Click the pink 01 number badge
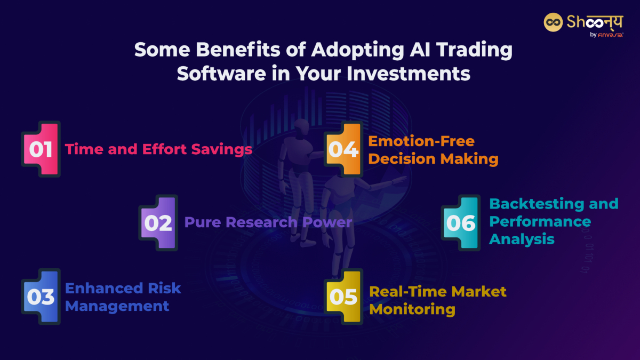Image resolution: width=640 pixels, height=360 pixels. (x=41, y=149)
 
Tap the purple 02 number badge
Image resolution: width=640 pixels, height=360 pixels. (x=158, y=223)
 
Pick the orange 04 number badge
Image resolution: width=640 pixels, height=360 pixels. (x=343, y=149)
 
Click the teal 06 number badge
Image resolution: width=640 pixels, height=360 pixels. (x=460, y=223)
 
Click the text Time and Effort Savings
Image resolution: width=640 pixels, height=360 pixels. (x=158, y=149)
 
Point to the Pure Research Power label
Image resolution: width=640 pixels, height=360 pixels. (x=268, y=222)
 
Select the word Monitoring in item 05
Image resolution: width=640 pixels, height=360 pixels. (x=412, y=309)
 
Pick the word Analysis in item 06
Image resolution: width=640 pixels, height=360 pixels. (x=522, y=239)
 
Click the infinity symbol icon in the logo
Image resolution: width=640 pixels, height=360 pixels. (x=554, y=22)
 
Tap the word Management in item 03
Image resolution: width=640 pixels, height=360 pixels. (x=117, y=306)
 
